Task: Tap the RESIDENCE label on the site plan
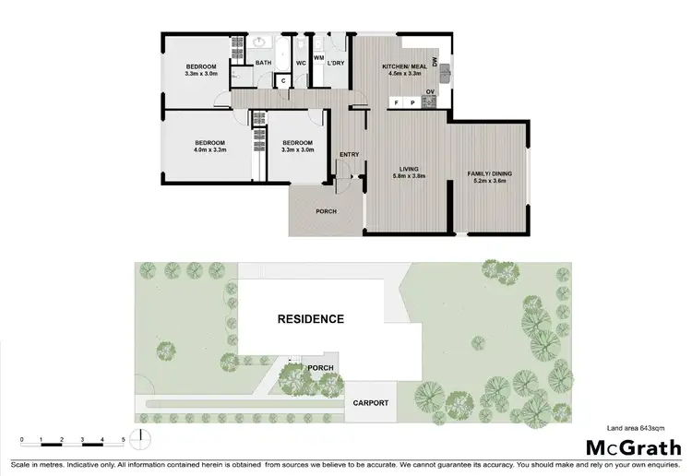tap(311, 319)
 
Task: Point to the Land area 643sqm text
tap(638, 427)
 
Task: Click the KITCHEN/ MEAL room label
tap(402, 67)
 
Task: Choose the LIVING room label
tap(409, 169)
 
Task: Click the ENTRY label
tap(349, 154)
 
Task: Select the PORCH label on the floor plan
tap(326, 211)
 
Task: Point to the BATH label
tap(263, 63)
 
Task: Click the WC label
tap(301, 63)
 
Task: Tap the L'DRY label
tap(335, 63)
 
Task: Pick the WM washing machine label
tap(318, 57)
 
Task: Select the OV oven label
tap(430, 91)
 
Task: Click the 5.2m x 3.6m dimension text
tap(490, 181)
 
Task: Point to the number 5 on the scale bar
tap(123, 439)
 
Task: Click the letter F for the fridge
tap(396, 102)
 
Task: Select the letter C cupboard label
tap(284, 81)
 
